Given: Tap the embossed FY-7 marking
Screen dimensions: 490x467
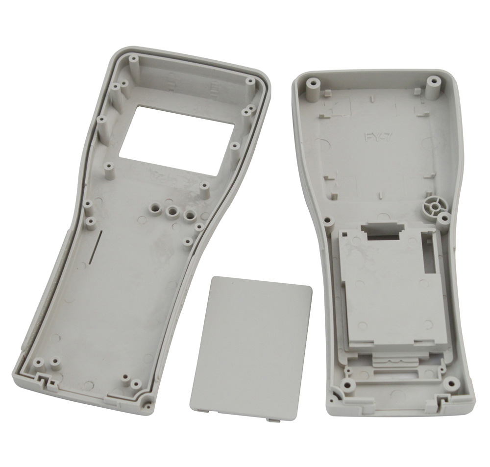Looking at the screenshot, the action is coord(377,137).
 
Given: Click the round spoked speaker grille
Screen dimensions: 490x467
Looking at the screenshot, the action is coord(434,206).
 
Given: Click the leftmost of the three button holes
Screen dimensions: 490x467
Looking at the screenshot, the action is coord(155,207).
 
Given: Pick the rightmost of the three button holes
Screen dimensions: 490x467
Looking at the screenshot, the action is coord(189,215).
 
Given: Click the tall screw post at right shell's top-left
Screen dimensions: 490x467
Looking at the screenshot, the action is coord(313,90).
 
